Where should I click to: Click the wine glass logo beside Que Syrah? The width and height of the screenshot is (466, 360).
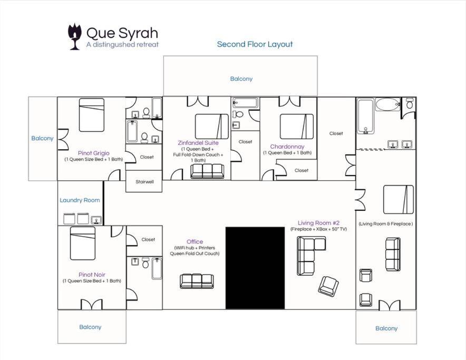pyautogui.click(x=74, y=36)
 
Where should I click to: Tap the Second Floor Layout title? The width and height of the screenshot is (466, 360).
pyautogui.click(x=255, y=44)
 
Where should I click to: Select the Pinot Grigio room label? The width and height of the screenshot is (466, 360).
pyautogui.click(x=94, y=153)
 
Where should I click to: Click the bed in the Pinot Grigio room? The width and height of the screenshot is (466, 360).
pyautogui.click(x=92, y=115)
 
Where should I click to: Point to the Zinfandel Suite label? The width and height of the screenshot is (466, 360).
pyautogui.click(x=198, y=143)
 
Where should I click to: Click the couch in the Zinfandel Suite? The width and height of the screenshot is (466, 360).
pyautogui.click(x=207, y=171)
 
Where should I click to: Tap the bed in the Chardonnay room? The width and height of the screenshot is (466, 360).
pyautogui.click(x=297, y=127)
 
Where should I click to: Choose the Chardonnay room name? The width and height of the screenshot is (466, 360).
pyautogui.click(x=287, y=147)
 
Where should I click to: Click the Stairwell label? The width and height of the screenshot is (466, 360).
pyautogui.click(x=144, y=182)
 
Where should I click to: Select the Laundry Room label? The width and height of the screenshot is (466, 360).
pyautogui.click(x=80, y=200)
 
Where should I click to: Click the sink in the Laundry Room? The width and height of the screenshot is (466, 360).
pyautogui.click(x=96, y=220)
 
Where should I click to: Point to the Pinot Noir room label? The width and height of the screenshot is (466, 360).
pyautogui.click(x=92, y=275)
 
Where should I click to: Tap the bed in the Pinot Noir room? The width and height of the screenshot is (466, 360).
pyautogui.click(x=83, y=244)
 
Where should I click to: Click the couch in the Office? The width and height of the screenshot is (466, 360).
pyautogui.click(x=197, y=281)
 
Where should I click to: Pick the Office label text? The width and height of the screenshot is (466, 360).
pyautogui.click(x=195, y=242)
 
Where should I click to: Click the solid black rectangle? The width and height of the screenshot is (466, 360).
pyautogui.click(x=255, y=268)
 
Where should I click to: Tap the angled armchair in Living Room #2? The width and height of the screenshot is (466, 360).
pyautogui.click(x=328, y=285)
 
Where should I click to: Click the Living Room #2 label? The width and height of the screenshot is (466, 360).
pyautogui.click(x=318, y=223)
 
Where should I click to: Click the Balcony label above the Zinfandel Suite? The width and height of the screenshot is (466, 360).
pyautogui.click(x=241, y=79)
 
